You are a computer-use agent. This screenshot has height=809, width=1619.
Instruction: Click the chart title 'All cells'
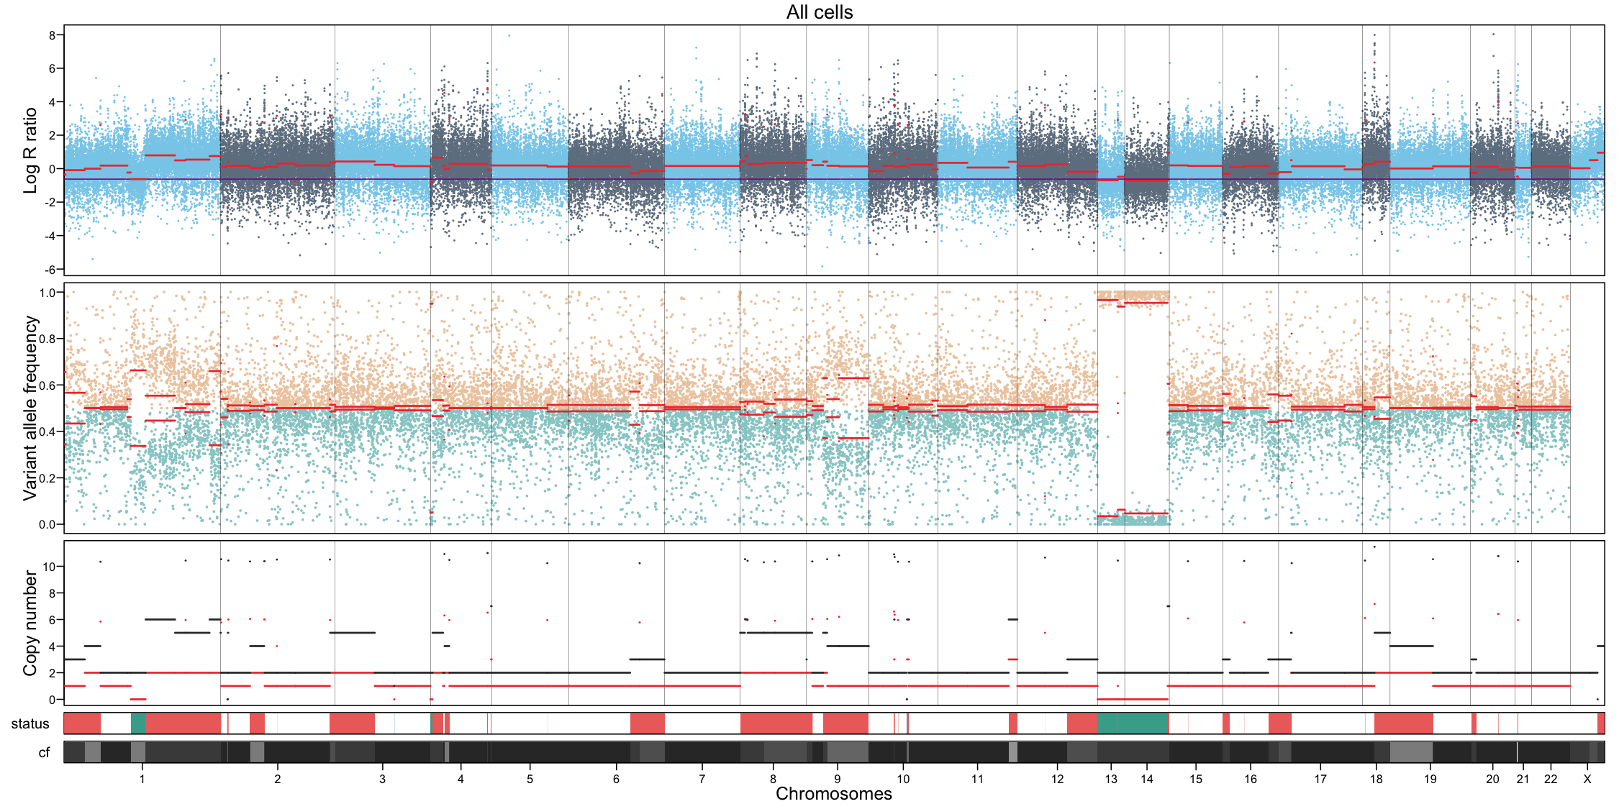[x=819, y=12]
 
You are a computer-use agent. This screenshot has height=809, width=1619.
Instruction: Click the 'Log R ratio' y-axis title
[x=30, y=150]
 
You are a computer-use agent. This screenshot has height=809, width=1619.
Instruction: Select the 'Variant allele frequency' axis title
[x=30, y=408]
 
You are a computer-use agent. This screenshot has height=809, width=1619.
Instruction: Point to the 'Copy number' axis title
[x=30, y=623]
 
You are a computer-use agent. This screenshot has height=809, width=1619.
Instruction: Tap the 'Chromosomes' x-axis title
[x=833, y=794]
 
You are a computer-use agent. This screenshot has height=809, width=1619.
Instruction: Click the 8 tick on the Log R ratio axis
[x=52, y=35]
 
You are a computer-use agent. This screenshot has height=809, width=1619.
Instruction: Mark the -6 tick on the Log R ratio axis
[x=50, y=270]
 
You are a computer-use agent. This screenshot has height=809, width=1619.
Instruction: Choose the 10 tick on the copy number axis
[x=49, y=567]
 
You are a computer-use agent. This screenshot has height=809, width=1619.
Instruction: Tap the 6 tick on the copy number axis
[x=52, y=620]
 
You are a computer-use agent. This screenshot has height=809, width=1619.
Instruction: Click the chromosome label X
[x=1587, y=779]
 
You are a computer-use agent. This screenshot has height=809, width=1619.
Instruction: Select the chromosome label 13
[x=1111, y=779]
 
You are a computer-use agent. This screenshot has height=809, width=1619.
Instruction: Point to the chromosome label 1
[x=142, y=779]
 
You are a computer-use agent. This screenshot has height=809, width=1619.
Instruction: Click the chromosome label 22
[x=1551, y=779]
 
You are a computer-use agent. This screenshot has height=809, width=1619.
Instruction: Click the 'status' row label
[x=30, y=723]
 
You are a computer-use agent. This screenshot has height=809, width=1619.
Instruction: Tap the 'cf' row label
[x=44, y=753]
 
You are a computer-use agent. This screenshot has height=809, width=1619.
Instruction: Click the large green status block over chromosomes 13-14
[x=1133, y=723]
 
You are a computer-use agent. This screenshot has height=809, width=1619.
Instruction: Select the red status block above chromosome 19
[x=1403, y=723]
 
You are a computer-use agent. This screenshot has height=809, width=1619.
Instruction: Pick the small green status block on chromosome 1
[x=137, y=723]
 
